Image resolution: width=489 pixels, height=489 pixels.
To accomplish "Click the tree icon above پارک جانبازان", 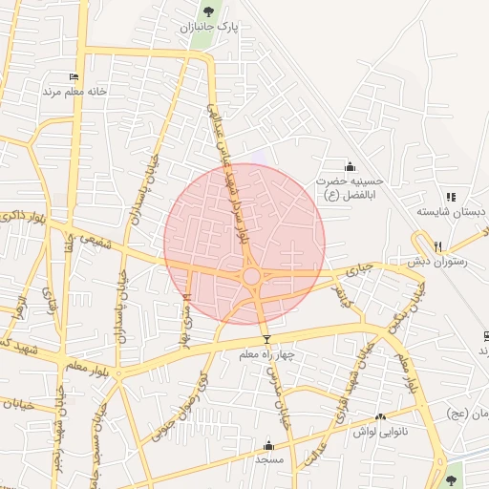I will point(208,11).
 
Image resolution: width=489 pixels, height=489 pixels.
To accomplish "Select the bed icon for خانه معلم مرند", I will point(74,77).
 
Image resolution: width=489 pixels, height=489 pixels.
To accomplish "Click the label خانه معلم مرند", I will point(72,92).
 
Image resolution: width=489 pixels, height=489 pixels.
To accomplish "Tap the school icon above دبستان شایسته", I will point(450,196).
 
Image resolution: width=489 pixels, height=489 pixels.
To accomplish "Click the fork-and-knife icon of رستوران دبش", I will point(438,246).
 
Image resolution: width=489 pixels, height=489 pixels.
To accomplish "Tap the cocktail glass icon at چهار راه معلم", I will point(266,340).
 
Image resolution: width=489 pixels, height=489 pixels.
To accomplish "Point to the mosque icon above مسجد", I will point(268,445).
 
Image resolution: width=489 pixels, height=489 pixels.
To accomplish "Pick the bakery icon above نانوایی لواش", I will point(381,416).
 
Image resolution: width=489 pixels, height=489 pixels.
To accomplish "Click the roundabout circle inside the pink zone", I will point(251,276).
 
